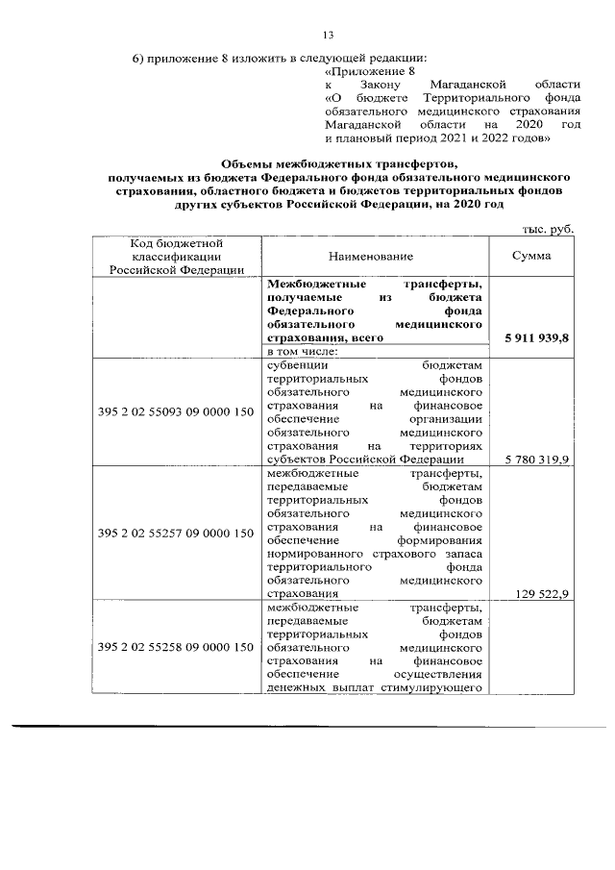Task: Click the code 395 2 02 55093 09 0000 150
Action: (175, 412)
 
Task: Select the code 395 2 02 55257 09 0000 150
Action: (175, 534)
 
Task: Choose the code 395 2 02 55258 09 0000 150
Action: (175, 648)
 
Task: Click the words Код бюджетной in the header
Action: (175, 244)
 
